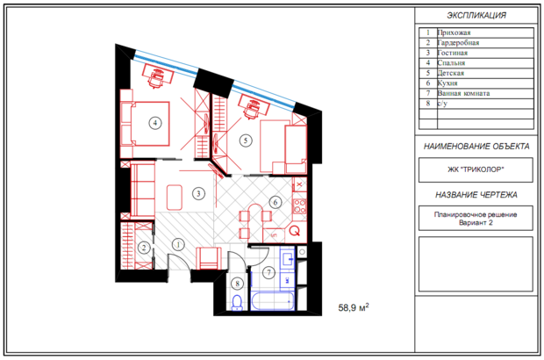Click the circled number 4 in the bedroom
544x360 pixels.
click(x=155, y=123)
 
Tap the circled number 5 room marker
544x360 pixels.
click(x=246, y=140)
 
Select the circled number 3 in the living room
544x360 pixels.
click(x=198, y=193)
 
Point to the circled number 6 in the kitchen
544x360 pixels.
click(x=276, y=202)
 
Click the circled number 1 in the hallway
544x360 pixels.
click(x=178, y=245)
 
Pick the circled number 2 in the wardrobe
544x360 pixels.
click(x=144, y=248)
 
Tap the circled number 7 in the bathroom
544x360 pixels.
click(x=268, y=272)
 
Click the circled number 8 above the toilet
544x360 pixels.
click(x=237, y=284)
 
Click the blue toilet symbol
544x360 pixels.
click(x=237, y=302)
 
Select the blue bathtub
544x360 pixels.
click(x=272, y=300)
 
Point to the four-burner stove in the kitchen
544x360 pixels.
click(x=299, y=206)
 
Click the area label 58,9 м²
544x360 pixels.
click(x=354, y=307)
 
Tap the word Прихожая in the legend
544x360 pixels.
click(x=454, y=32)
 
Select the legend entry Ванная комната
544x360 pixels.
click(x=463, y=93)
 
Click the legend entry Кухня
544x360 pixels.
click(x=447, y=83)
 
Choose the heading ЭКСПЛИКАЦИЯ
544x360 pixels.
click(x=476, y=15)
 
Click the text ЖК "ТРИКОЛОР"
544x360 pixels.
click(x=476, y=169)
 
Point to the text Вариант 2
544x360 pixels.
click(x=476, y=223)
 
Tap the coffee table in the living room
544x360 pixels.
click(x=174, y=198)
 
